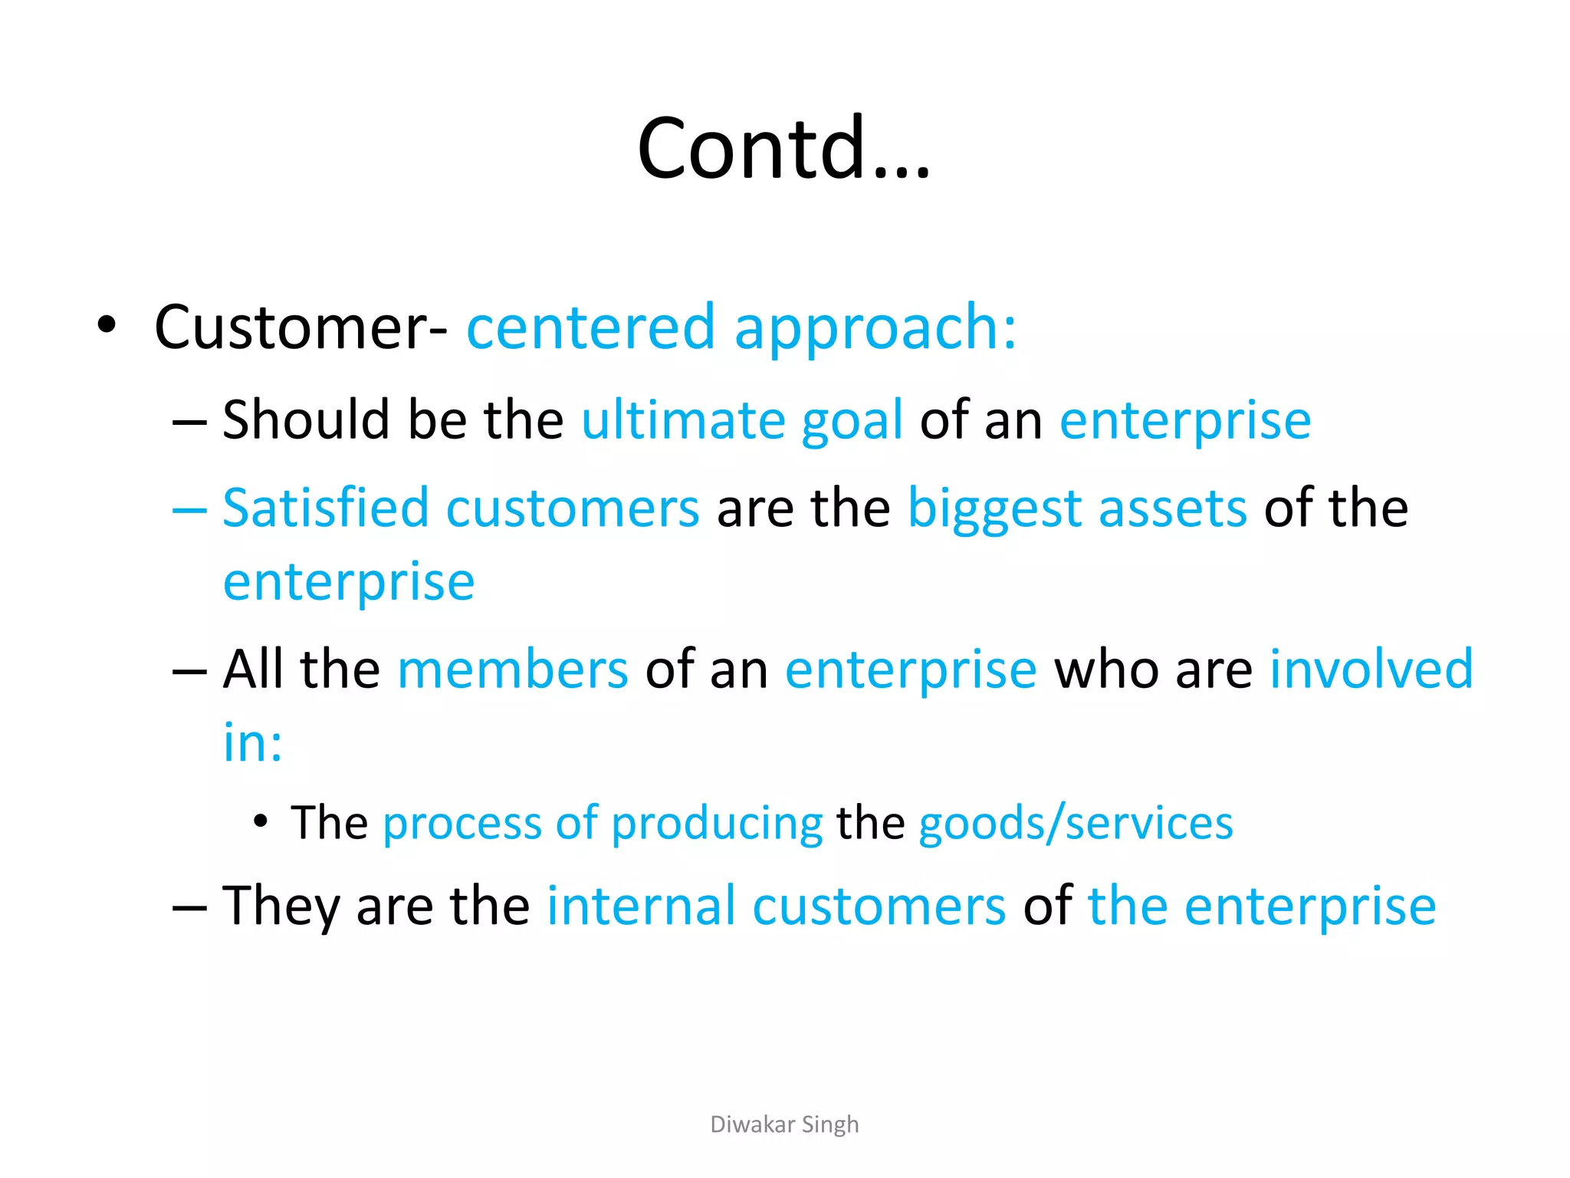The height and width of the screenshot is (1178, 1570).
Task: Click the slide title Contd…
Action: pyautogui.click(x=783, y=148)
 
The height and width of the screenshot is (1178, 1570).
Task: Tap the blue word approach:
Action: pyautogui.click(x=875, y=328)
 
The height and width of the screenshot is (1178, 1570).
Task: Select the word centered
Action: pyautogui.click(x=590, y=328)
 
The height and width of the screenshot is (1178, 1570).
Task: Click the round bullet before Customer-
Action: pyautogui.click(x=107, y=325)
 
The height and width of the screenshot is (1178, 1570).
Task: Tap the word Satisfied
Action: pyautogui.click(x=325, y=508)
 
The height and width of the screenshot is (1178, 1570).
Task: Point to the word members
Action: pyautogui.click(x=513, y=670)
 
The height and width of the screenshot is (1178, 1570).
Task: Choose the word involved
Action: pyautogui.click(x=1371, y=670)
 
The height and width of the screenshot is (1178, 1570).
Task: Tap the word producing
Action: pyautogui.click(x=717, y=824)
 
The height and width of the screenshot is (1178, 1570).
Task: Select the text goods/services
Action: pyautogui.click(x=1076, y=824)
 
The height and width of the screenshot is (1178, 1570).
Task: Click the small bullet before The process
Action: pyautogui.click(x=261, y=821)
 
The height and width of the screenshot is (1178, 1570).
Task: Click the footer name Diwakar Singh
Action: pyautogui.click(x=784, y=1124)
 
